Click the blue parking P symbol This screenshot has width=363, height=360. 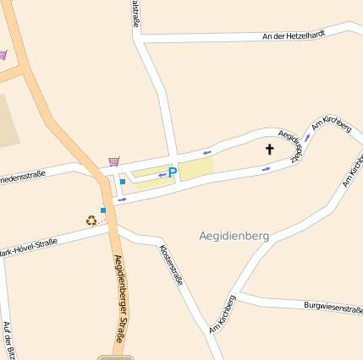[173, 172]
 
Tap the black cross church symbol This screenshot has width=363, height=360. [270, 150]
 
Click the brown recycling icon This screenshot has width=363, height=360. [91, 221]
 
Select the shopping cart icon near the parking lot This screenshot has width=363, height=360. [113, 161]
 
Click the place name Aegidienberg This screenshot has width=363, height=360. [234, 236]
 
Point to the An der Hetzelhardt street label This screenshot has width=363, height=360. [293, 35]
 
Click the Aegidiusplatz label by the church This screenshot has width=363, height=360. [292, 145]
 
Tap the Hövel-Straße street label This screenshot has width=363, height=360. [29, 248]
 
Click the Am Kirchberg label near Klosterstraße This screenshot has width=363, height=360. [222, 314]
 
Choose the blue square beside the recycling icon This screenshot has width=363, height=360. [103, 210]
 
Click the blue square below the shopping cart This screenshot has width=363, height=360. [123, 181]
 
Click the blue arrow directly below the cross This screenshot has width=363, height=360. [267, 168]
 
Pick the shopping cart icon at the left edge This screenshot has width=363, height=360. [3, 55]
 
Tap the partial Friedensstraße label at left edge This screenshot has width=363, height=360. [20, 177]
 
